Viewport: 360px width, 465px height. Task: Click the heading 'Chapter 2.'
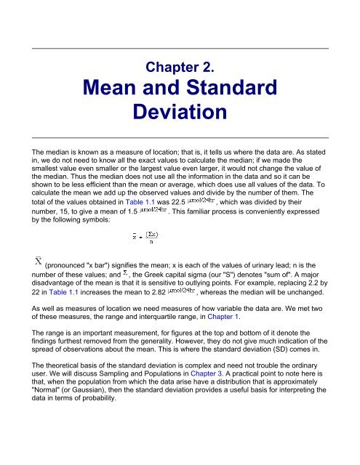[180, 68]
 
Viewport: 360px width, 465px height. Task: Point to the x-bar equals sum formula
[145, 236]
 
